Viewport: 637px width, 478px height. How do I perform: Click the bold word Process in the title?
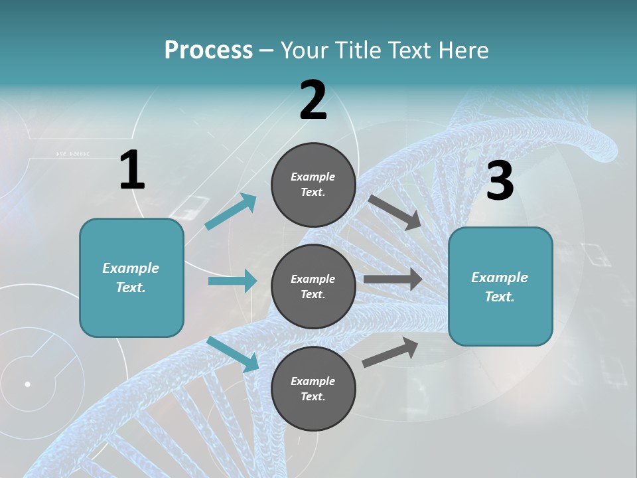coord(208,50)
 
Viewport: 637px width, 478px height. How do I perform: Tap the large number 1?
coord(132,171)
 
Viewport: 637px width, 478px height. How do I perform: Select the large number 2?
coord(313,100)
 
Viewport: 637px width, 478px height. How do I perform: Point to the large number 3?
coord(500,181)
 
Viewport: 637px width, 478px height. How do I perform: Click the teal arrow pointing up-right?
coord(230,212)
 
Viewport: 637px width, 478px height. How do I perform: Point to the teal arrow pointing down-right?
coord(232,354)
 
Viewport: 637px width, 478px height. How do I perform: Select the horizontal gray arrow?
coord(393,279)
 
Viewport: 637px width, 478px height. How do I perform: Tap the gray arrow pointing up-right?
coord(390,352)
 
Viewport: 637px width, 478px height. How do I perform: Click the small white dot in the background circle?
coord(28,384)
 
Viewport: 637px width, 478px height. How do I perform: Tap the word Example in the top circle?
coord(313,177)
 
